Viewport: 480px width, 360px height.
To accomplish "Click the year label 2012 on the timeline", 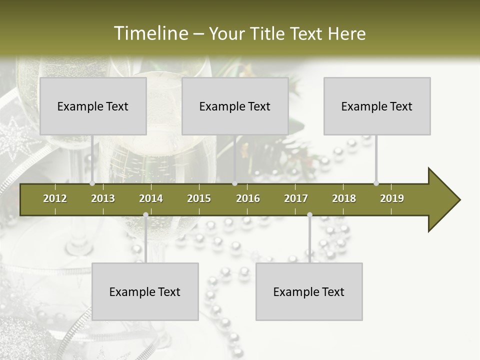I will tap(55, 198).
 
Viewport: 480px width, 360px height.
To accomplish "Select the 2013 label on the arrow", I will tap(103, 198).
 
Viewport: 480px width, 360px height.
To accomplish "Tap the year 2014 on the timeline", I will tap(151, 198).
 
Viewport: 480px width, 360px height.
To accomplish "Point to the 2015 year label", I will tap(199, 198).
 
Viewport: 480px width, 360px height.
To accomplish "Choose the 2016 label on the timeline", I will tap(248, 198).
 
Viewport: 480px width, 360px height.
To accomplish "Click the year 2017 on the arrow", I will tap(296, 198).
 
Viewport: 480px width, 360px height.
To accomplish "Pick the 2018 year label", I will tap(344, 198).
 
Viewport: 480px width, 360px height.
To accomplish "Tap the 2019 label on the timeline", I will tap(392, 198).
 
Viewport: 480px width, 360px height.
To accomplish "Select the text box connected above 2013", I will tap(93, 106).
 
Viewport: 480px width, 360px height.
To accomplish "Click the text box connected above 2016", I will tap(235, 106).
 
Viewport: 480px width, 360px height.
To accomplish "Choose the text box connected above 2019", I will tap(377, 106).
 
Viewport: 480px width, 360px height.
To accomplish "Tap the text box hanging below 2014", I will tap(145, 291).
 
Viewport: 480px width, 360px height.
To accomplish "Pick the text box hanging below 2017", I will tap(309, 291).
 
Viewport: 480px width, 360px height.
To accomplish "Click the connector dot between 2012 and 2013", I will tap(92, 183).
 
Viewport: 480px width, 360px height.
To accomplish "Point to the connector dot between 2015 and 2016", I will tap(234, 183).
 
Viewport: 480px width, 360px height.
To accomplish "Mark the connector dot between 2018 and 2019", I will tap(376, 183).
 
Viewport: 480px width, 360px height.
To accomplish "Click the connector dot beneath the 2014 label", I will tap(145, 215).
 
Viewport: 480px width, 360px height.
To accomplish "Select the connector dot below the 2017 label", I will tap(309, 215).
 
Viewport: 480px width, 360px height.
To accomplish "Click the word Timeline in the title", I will tap(149, 33).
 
